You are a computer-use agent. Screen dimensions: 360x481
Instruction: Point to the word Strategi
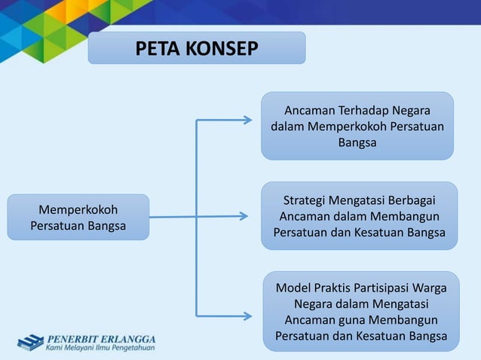(x=308, y=200)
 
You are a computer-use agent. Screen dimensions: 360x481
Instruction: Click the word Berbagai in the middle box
(x=412, y=200)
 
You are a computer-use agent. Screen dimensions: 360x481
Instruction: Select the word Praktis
(x=338, y=288)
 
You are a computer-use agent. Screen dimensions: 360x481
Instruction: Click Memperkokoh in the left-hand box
(x=78, y=209)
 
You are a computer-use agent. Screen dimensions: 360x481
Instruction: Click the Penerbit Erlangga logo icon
(x=30, y=342)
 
